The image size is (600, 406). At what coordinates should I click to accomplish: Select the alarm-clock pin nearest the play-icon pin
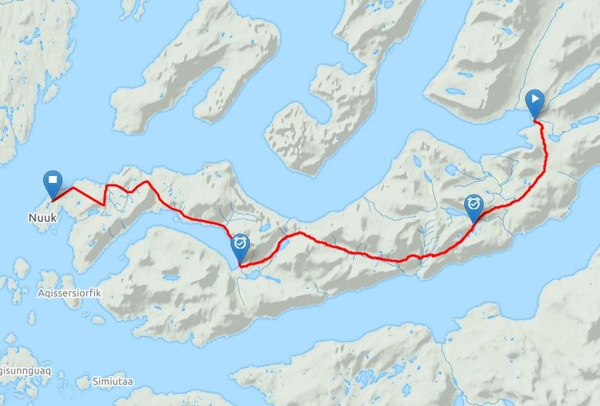coord(474,205)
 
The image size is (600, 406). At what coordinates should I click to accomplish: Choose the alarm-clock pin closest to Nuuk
coord(241,246)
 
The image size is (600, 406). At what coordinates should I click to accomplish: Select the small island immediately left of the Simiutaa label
coord(83,381)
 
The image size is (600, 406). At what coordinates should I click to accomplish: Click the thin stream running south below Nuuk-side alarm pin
coord(241,289)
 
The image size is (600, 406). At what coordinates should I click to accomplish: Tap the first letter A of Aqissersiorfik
coord(40,294)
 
